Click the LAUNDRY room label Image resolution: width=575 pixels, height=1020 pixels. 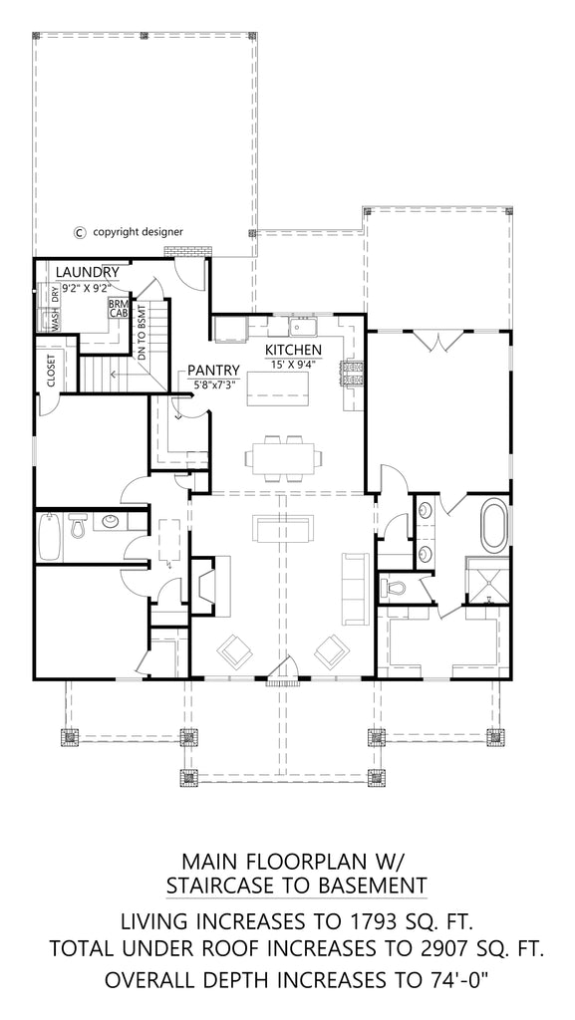pos(88,272)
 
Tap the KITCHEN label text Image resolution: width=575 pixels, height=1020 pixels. pos(292,351)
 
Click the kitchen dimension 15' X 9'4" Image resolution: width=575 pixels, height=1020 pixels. pos(292,365)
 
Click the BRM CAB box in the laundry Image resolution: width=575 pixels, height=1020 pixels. pos(118,308)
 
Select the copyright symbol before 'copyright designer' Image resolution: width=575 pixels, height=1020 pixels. pos(80,232)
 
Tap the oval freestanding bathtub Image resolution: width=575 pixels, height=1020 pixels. pos(493,529)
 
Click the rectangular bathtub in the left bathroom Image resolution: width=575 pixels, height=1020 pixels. pos(48,538)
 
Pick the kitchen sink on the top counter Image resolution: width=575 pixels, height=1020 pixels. pos(302,327)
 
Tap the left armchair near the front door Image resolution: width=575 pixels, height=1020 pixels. pos(236,652)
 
